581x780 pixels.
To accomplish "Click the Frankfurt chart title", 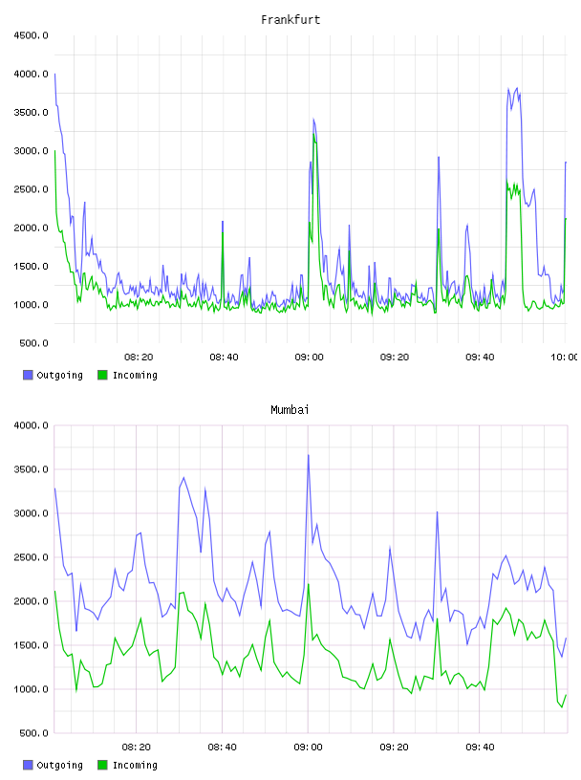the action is [x=290, y=20].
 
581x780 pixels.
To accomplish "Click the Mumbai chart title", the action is [x=290, y=410].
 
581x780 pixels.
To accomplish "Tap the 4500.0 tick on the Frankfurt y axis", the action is [x=32, y=35].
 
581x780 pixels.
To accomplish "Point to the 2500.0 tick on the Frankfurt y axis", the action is [x=32, y=189].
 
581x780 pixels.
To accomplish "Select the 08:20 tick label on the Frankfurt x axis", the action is [x=139, y=357].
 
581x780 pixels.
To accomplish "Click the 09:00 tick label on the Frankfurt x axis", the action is [x=309, y=357].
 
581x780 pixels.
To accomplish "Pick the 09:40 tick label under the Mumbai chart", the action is [x=480, y=747].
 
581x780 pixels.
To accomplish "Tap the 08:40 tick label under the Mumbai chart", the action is [x=223, y=747].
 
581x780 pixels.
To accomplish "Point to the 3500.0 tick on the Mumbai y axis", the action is [x=32, y=469].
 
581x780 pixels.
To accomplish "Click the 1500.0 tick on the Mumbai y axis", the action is [x=32, y=645].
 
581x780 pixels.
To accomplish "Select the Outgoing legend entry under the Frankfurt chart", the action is [x=53, y=375].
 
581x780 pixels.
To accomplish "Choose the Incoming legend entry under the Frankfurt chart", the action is [x=128, y=375].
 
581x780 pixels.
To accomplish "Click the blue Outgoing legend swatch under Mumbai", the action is [x=28, y=765].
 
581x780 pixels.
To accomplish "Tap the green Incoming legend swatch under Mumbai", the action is [x=102, y=765].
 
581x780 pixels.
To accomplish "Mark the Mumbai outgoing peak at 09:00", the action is [x=309, y=455].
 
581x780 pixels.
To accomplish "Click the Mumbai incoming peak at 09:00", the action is [x=309, y=584].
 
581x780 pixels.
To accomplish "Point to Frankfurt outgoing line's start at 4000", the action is [x=54, y=75].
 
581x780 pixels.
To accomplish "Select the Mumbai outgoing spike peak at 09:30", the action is [x=438, y=511].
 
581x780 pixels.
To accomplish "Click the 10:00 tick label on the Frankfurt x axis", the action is [x=564, y=357].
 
